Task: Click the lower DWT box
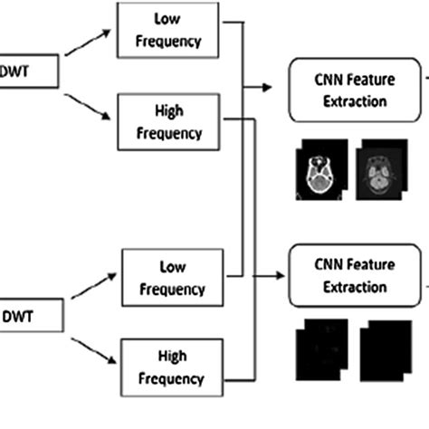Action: (27, 317)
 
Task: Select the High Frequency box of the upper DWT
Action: (169, 120)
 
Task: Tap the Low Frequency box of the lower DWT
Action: (172, 278)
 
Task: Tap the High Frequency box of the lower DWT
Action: (172, 367)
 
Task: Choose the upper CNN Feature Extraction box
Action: (355, 91)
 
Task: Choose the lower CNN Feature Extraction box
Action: (355, 277)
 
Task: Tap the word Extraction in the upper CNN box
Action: (355, 101)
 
